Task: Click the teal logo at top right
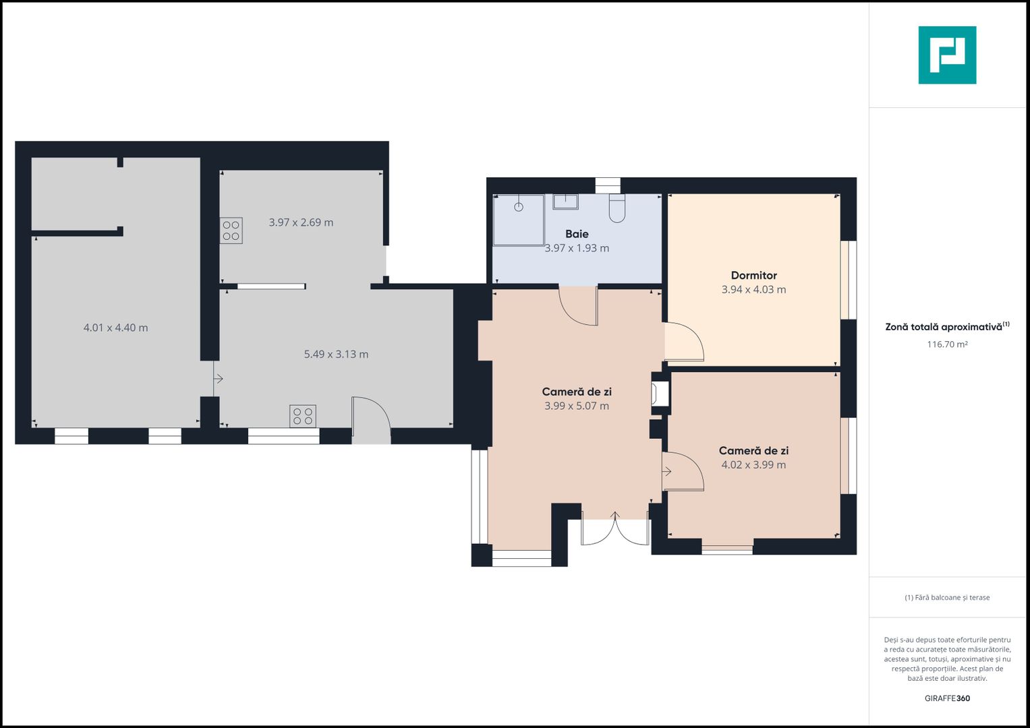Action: click(947, 55)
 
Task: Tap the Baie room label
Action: click(577, 234)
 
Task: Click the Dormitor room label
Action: click(753, 275)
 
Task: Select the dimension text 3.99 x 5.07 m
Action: click(577, 406)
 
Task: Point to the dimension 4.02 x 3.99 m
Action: click(753, 464)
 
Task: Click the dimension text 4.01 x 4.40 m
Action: click(115, 328)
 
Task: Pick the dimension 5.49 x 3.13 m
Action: click(336, 355)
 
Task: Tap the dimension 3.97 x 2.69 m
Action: click(301, 222)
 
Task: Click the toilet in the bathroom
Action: click(617, 208)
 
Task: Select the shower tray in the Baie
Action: click(519, 220)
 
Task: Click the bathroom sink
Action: click(565, 202)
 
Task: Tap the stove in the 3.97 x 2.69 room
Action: click(231, 231)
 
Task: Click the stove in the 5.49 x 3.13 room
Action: click(303, 417)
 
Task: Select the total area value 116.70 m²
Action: click(947, 344)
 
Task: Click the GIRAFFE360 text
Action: click(947, 698)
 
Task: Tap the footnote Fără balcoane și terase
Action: click(947, 597)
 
